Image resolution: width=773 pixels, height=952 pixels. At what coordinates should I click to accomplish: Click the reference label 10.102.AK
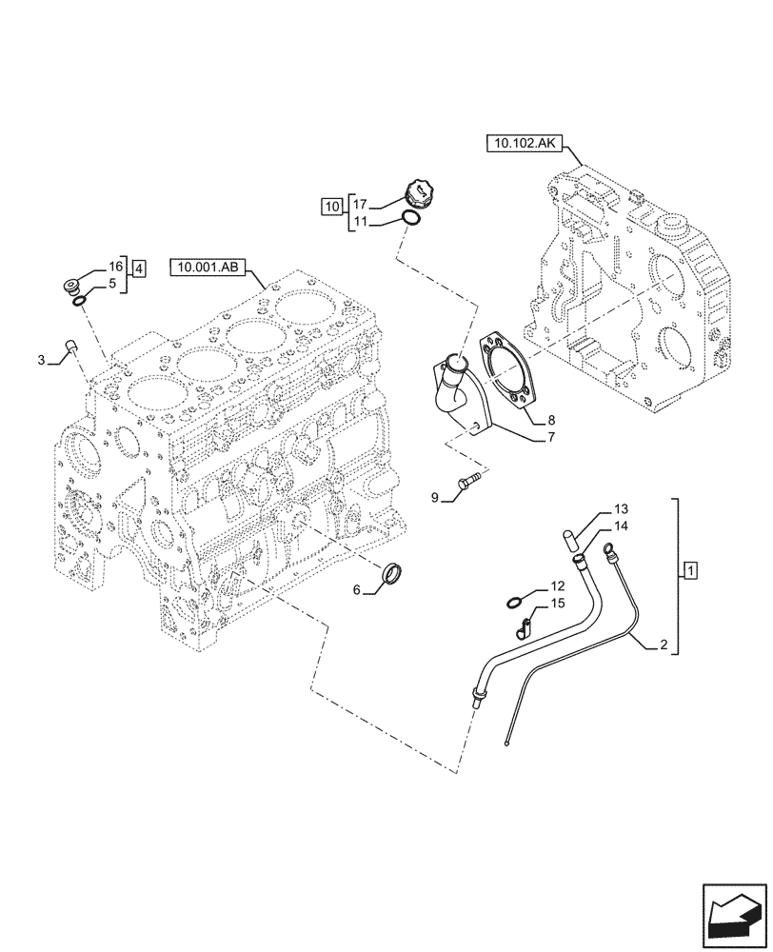[x=526, y=145]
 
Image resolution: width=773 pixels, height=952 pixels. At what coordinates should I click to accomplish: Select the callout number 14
[x=620, y=526]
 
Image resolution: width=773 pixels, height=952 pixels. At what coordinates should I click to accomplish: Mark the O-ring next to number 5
[x=80, y=301]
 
